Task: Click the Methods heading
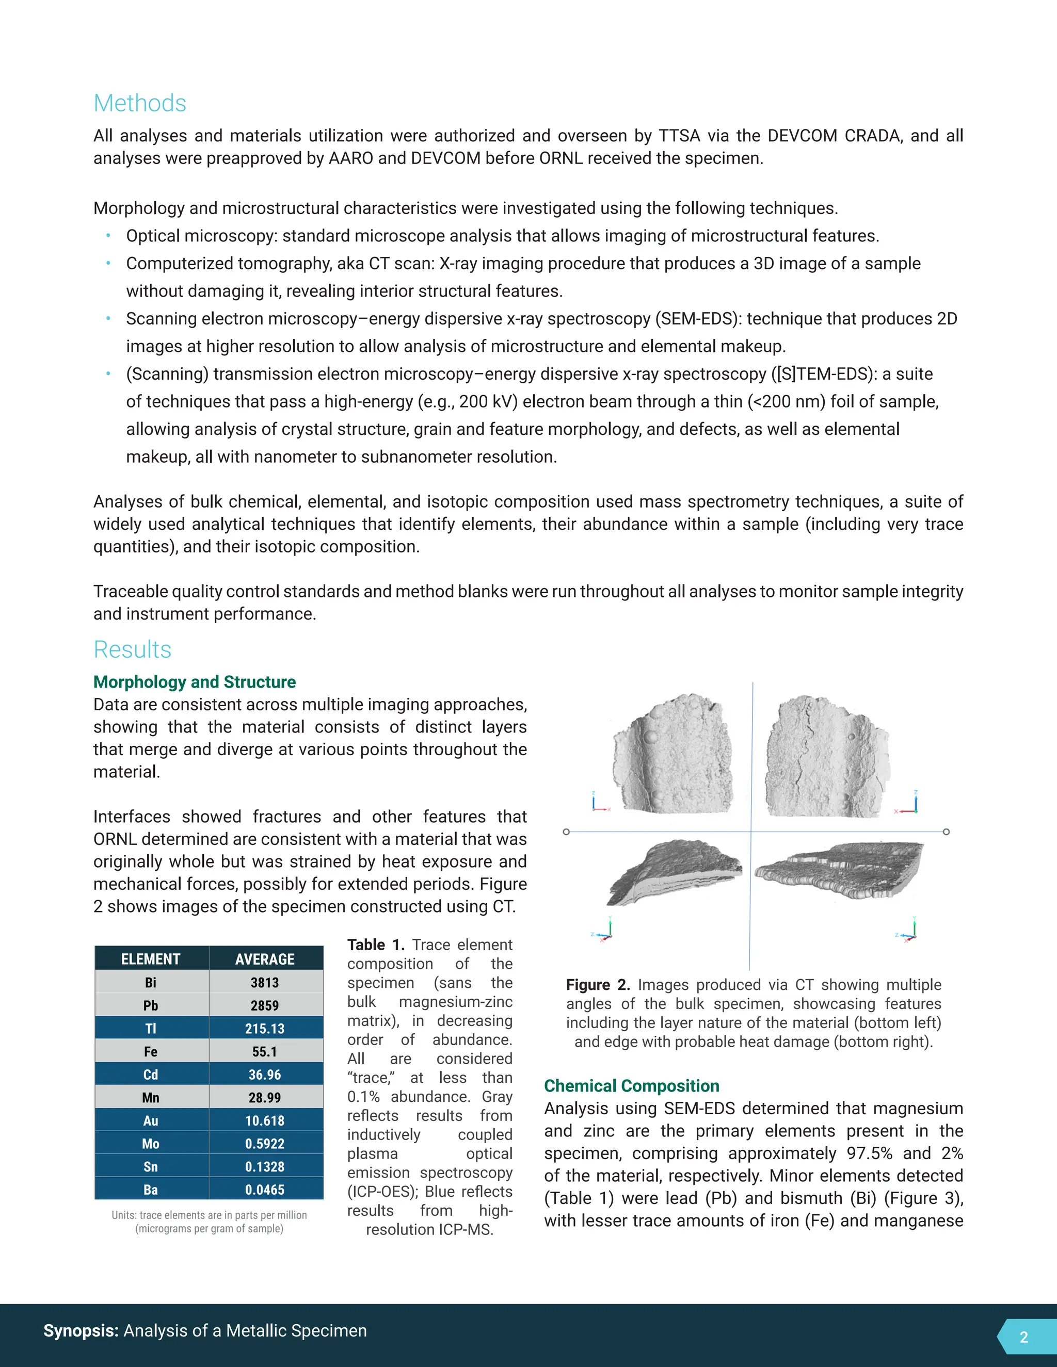tap(140, 103)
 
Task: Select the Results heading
tap(132, 649)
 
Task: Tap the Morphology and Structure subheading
tap(194, 681)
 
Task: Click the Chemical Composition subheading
tap(631, 1085)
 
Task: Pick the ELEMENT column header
tap(150, 959)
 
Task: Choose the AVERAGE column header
tap(265, 959)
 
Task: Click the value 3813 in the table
tap(265, 983)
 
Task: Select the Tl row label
tap(150, 1029)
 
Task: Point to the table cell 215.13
tap(265, 1029)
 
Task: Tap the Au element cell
tap(150, 1120)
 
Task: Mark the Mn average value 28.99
tap(265, 1097)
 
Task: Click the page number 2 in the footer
tap(1024, 1337)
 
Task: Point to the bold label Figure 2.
tap(597, 985)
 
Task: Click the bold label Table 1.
tap(376, 945)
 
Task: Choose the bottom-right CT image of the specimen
tap(839, 870)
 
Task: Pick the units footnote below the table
tap(209, 1221)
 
